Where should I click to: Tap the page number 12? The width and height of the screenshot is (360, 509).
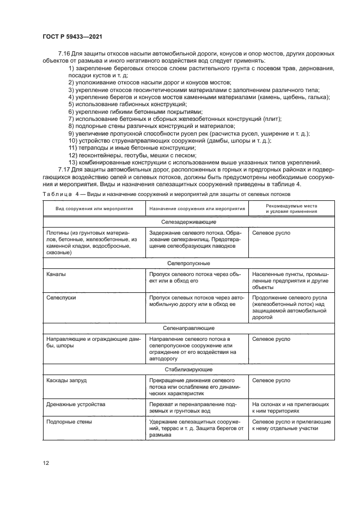point(47,463)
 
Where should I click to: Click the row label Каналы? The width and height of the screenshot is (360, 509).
point(57,274)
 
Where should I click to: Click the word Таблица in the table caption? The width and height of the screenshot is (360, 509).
point(54,193)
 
